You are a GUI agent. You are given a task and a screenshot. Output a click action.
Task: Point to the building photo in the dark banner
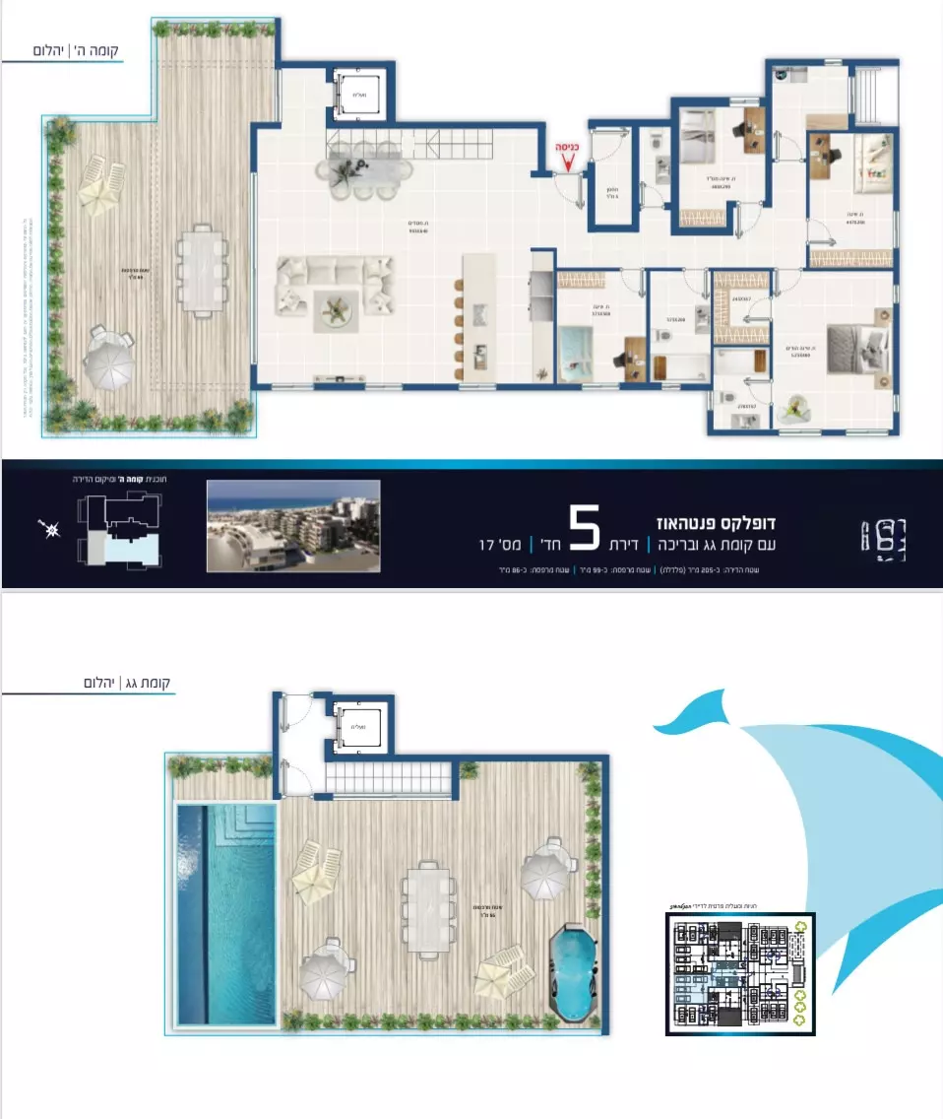pos(293,525)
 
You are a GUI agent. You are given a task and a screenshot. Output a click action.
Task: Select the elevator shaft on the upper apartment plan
pos(358,95)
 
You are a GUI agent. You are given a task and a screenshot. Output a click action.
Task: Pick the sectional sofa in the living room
pos(335,286)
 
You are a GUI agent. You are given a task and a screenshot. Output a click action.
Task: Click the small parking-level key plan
pos(739,973)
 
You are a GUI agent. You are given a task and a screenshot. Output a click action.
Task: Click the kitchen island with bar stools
pos(479,320)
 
